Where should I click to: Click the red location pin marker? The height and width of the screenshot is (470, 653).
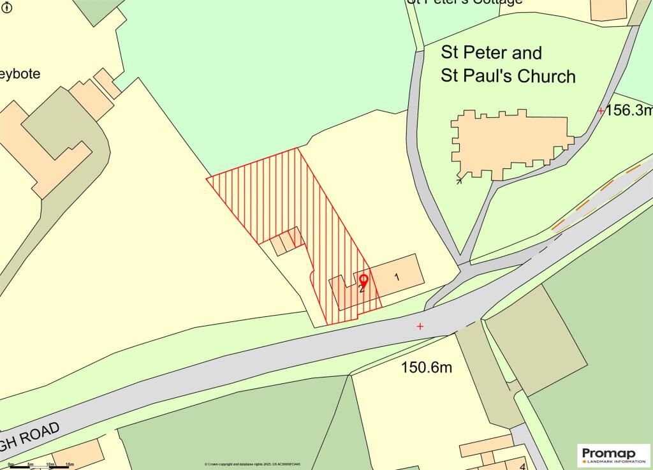point(363,279)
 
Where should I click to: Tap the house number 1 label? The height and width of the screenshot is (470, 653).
point(397,277)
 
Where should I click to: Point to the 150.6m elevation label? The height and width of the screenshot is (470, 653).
point(426,367)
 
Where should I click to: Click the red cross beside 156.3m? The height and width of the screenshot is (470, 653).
point(601,111)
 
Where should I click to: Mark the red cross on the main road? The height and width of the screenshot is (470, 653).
point(420,327)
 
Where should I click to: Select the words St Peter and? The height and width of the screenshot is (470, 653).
point(491,52)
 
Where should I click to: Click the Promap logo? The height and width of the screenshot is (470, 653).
point(613,455)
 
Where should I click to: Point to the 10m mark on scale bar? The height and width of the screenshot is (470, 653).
point(50,464)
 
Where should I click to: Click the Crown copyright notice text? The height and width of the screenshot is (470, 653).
point(253,464)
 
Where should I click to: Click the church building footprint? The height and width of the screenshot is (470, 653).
point(510,143)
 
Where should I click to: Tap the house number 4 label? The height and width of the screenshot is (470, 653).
point(522,466)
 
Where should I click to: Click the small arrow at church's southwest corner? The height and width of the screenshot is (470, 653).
point(459,181)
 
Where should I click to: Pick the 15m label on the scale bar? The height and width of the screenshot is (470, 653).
point(70,464)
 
